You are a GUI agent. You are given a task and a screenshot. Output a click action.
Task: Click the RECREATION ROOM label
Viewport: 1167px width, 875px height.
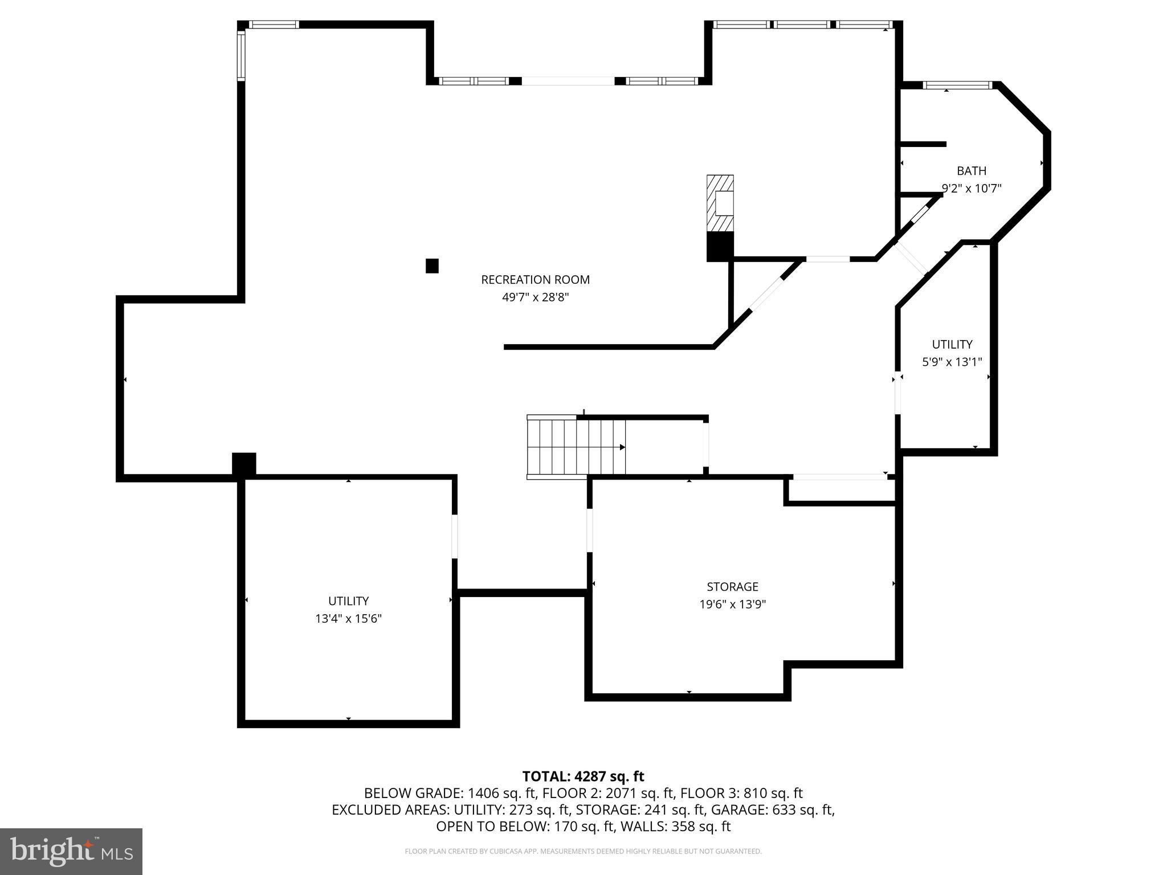[x=535, y=280]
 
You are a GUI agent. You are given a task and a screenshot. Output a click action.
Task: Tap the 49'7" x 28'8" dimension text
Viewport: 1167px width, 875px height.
[x=535, y=297]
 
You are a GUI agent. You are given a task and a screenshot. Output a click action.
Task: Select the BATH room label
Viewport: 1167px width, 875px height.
[x=972, y=171]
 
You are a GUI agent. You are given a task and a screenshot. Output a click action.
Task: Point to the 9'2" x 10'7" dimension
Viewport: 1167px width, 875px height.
[x=972, y=189]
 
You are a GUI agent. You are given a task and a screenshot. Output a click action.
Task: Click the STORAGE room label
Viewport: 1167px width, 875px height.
[x=732, y=587]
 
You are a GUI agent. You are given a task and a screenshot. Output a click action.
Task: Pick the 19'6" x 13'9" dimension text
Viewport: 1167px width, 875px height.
[x=732, y=604]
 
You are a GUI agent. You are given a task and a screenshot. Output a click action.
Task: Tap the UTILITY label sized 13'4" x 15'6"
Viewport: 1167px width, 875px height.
[x=348, y=601]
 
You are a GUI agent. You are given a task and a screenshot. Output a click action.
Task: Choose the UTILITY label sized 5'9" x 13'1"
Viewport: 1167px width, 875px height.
[x=952, y=345]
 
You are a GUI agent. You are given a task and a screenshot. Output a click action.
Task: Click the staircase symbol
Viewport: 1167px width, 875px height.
[x=576, y=447]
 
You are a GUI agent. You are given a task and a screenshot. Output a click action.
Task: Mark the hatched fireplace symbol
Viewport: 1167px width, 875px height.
[x=720, y=203]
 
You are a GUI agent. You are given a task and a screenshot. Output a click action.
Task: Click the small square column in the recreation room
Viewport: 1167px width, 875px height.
[x=432, y=266]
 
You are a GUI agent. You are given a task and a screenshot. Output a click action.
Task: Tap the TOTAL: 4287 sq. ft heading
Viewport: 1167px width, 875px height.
[x=583, y=776]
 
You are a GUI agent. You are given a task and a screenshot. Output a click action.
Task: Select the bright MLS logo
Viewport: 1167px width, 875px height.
[x=71, y=852]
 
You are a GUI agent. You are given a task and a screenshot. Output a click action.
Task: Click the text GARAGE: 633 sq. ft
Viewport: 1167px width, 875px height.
[x=775, y=809]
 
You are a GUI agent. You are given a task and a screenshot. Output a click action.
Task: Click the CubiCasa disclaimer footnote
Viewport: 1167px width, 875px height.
[x=583, y=852]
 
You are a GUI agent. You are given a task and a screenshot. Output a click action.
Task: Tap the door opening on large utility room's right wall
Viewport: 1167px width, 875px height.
[x=455, y=536]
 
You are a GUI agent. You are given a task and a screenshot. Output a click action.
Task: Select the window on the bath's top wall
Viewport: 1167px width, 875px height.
[x=957, y=85]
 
